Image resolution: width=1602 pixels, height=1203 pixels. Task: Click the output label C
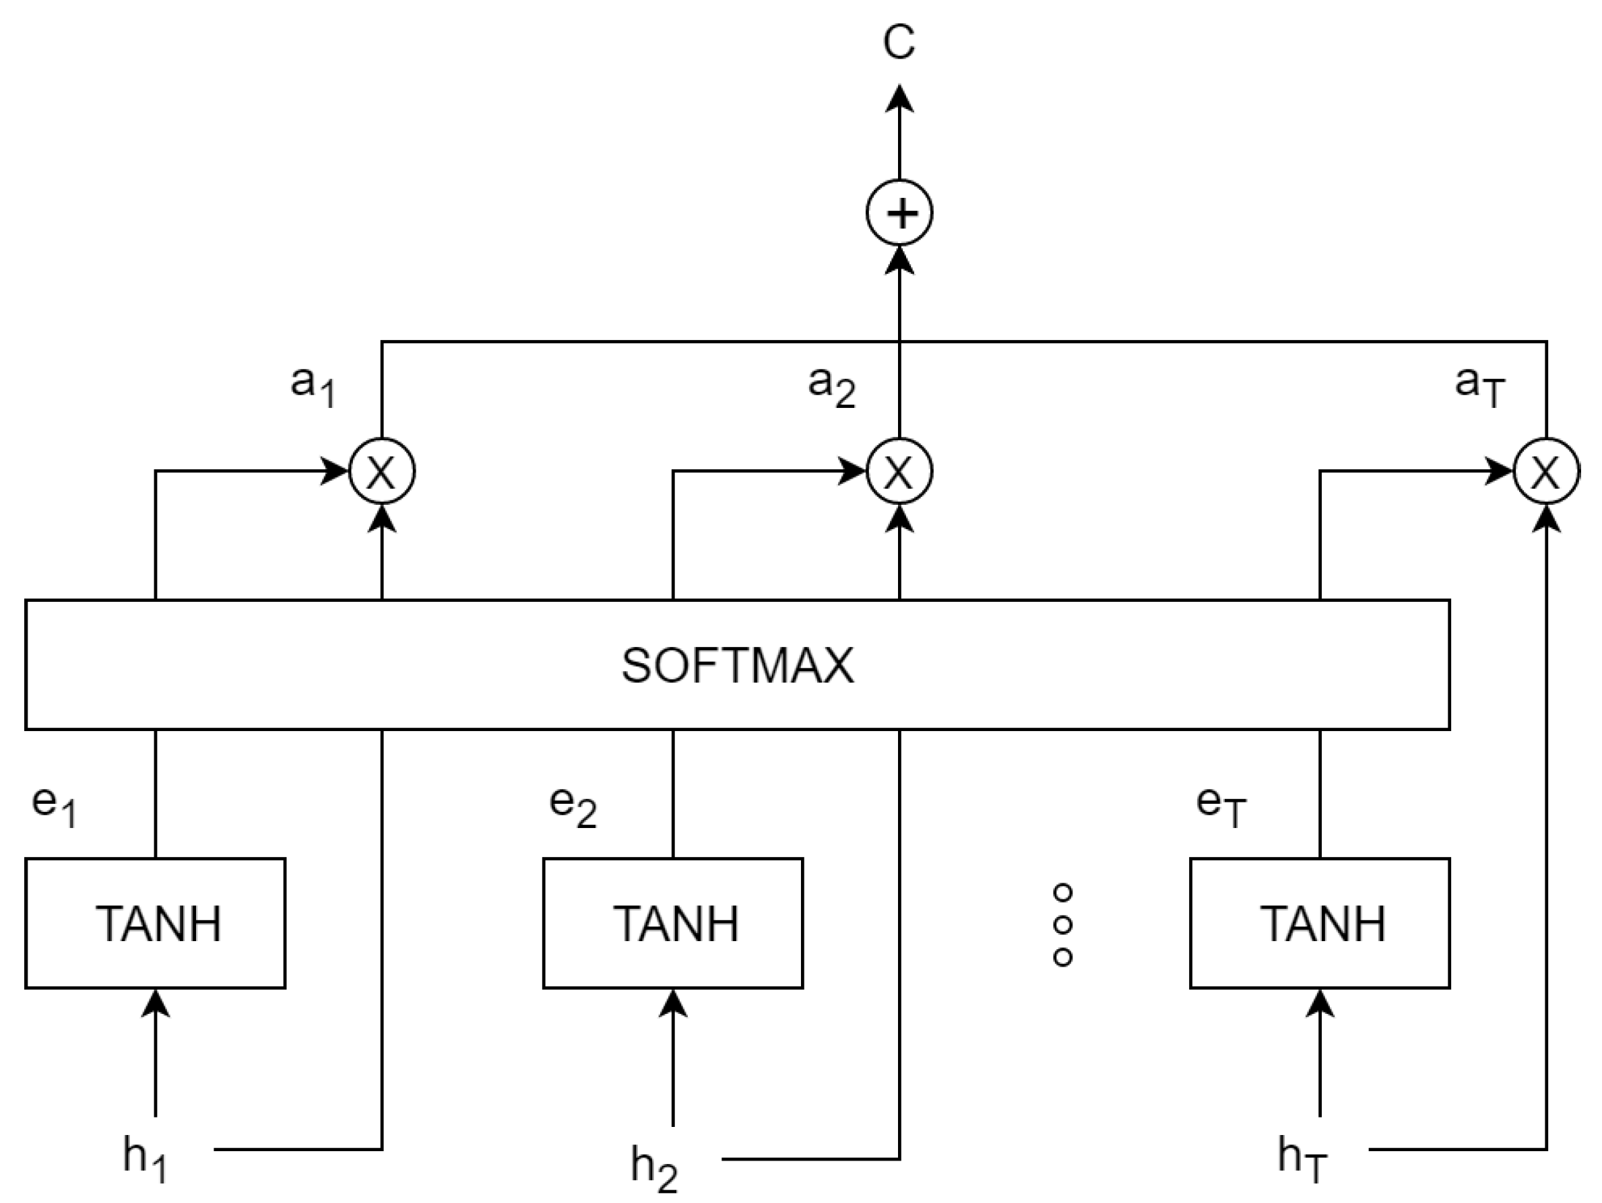point(899,42)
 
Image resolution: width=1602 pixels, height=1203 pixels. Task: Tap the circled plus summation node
point(899,213)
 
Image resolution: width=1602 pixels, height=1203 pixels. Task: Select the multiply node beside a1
point(383,471)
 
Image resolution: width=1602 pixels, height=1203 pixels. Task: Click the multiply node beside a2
point(899,471)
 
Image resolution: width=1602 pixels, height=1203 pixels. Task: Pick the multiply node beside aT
point(1546,471)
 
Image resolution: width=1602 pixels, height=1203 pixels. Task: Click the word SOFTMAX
point(737,666)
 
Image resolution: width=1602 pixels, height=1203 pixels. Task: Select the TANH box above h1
point(156,924)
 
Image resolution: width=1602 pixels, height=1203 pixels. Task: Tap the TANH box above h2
point(673,924)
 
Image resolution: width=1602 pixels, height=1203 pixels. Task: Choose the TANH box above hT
point(1320,924)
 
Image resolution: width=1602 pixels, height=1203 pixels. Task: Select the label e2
point(573,806)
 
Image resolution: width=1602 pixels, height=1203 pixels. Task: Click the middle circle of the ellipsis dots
point(1062,925)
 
